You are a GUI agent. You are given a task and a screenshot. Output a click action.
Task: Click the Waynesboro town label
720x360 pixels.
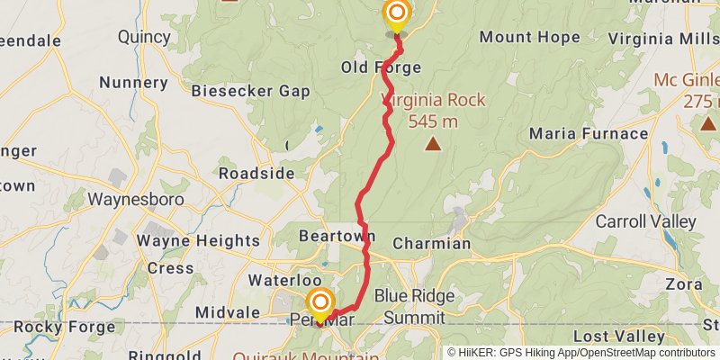pyautogui.click(x=136, y=199)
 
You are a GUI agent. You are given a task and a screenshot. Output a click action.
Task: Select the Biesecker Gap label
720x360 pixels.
pyautogui.click(x=251, y=91)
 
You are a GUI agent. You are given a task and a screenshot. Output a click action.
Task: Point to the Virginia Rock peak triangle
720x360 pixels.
pyautogui.click(x=433, y=143)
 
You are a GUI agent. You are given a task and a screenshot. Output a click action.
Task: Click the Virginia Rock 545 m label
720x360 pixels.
pyautogui.click(x=433, y=110)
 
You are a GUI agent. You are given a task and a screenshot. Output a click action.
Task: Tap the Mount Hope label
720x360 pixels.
pyautogui.click(x=529, y=38)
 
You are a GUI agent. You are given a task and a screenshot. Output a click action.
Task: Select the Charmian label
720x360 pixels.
pyautogui.click(x=431, y=243)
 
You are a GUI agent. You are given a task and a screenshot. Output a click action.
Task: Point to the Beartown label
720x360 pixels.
pyautogui.click(x=336, y=236)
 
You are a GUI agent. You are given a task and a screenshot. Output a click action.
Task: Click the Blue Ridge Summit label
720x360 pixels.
pyautogui.click(x=414, y=307)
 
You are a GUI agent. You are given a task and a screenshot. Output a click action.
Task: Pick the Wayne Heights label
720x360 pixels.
pyautogui.click(x=197, y=240)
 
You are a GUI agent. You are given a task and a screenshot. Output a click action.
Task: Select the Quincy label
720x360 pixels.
pyautogui.click(x=144, y=37)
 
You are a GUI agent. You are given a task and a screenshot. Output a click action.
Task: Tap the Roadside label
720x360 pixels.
pyautogui.click(x=256, y=173)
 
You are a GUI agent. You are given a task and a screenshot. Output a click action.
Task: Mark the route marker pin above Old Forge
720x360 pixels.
pyautogui.click(x=396, y=13)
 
